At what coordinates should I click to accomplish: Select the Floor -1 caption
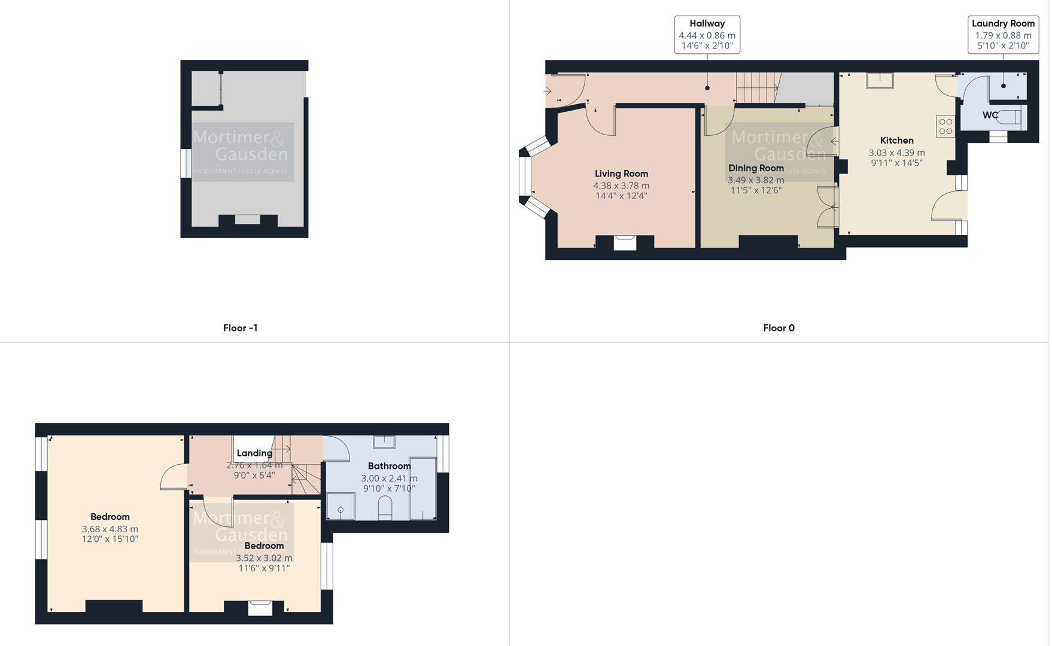tap(240, 328)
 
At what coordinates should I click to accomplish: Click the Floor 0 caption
tap(779, 328)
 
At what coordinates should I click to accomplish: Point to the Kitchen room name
tap(896, 141)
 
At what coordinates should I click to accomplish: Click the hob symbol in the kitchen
tap(945, 126)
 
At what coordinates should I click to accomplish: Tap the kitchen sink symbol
tap(880, 81)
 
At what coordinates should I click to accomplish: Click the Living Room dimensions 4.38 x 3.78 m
tap(621, 186)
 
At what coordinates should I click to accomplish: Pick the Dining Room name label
tap(756, 169)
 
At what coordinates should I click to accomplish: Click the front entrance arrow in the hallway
tap(547, 91)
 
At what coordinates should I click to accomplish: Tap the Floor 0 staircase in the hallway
tap(757, 87)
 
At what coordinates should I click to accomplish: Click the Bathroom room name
tap(389, 466)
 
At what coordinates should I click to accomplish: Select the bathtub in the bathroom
tap(422, 489)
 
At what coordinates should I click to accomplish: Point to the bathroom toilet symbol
tap(385, 508)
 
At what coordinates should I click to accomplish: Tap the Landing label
tap(254, 453)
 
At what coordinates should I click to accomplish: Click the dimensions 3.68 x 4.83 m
tap(110, 529)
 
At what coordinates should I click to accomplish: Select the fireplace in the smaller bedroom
tap(260, 608)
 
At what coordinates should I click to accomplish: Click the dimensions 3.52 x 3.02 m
tap(264, 558)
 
